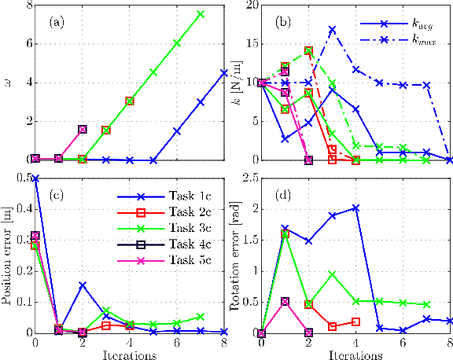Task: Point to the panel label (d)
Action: point(282,193)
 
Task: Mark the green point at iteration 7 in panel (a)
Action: point(201,14)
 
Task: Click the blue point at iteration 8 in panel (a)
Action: point(224,72)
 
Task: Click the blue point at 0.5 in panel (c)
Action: point(35,179)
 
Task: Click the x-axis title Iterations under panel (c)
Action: point(130,354)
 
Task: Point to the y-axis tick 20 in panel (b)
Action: point(251,6)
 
